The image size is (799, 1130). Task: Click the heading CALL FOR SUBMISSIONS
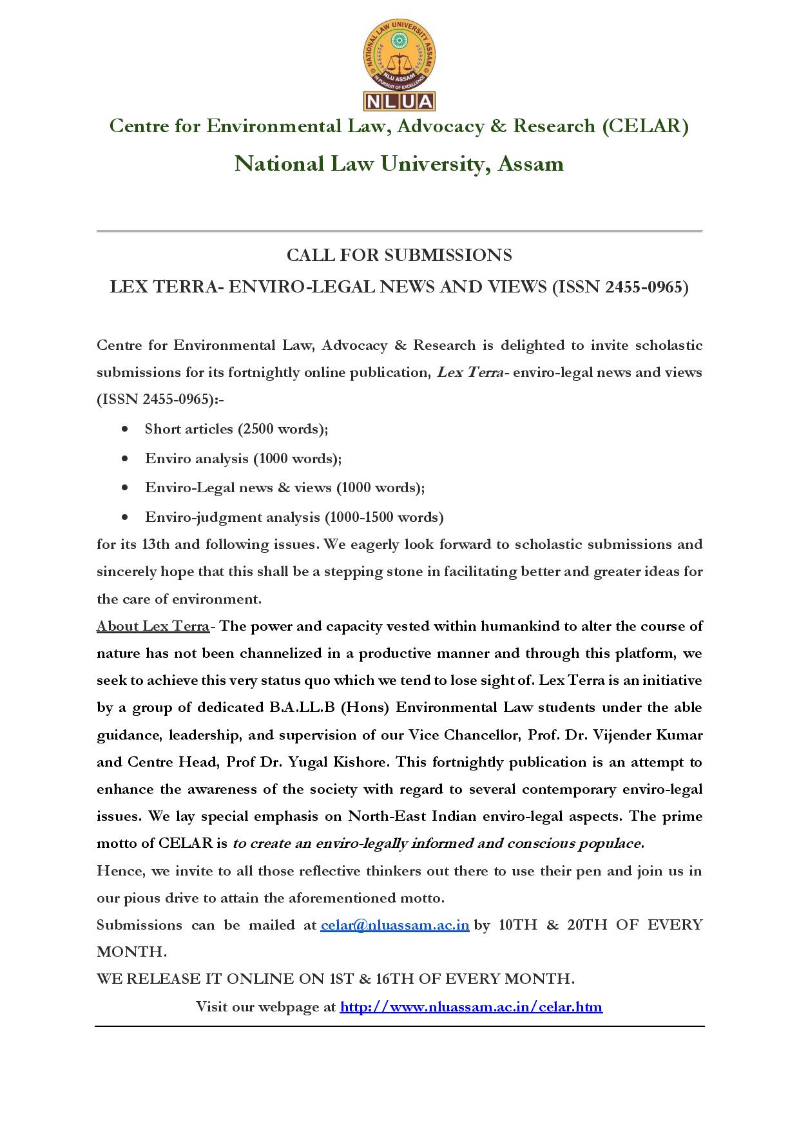399,256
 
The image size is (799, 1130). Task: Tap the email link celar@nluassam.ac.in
394,925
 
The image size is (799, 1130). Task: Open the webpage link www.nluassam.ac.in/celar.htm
471,1006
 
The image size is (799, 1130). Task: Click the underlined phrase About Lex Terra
153,626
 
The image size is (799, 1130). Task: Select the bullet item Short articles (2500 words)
236,429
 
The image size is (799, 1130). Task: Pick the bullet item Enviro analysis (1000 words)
243,459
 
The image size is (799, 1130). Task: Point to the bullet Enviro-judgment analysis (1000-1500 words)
294,517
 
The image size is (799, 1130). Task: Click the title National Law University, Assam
399,164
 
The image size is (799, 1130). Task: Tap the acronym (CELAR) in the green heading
645,126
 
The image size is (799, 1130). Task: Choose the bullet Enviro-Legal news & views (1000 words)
284,488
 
